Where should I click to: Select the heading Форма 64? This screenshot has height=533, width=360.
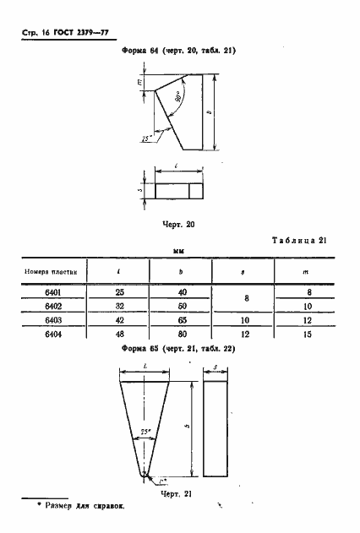pos(140,52)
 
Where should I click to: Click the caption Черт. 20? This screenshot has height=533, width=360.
pos(177,225)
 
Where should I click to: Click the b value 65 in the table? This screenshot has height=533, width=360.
pos(181,320)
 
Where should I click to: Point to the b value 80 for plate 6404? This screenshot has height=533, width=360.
pos(181,334)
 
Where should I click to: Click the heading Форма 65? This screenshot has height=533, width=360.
pos(140,349)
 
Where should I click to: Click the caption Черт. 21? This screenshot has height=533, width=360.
pos(177,493)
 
